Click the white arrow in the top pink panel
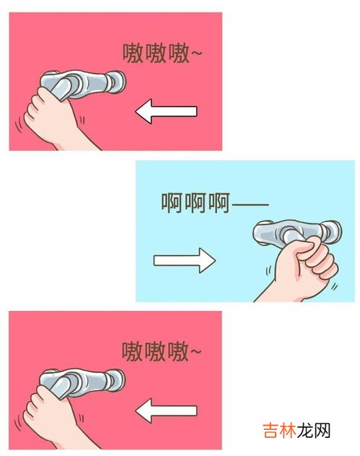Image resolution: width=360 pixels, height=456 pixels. tap(166, 111)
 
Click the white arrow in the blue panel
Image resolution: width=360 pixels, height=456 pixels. tap(185, 260)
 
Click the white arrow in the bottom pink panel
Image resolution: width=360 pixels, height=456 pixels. tap(166, 411)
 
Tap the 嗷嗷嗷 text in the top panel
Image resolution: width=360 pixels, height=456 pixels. tap(156, 53)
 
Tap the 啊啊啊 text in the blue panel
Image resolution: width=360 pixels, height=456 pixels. tap(196, 203)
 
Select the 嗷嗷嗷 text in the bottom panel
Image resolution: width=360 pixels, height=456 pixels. tap(155, 351)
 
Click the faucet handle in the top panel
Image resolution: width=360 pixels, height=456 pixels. tap(82, 84)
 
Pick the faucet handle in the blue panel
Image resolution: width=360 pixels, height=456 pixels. tap(297, 232)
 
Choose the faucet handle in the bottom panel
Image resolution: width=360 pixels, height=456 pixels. tap(82, 383)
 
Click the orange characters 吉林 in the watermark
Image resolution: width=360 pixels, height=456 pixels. tap(279, 431)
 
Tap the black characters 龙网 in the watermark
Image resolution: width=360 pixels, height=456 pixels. tap(314, 431)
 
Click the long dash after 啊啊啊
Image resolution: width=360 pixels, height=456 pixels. tap(250, 204)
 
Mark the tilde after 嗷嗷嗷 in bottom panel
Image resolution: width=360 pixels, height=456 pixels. tap(196, 351)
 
